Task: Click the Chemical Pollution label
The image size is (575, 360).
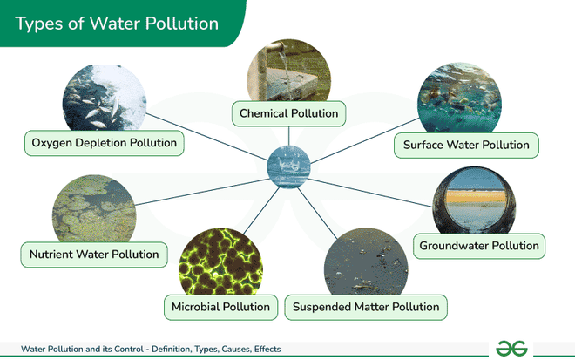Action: coord(289,113)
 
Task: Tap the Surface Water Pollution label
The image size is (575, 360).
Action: coord(466,144)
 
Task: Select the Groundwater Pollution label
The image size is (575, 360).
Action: coord(479,246)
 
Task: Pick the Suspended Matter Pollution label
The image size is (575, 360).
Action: coord(367,307)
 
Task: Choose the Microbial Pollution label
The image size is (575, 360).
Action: coord(221,307)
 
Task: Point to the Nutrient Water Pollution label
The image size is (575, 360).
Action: coord(94,255)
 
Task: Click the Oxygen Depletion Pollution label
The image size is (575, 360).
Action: coord(104,142)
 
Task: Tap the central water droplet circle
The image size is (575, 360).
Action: coord(287,166)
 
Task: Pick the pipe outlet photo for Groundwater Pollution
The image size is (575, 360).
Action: coord(474,200)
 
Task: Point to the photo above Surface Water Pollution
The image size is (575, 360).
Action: coord(459,100)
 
